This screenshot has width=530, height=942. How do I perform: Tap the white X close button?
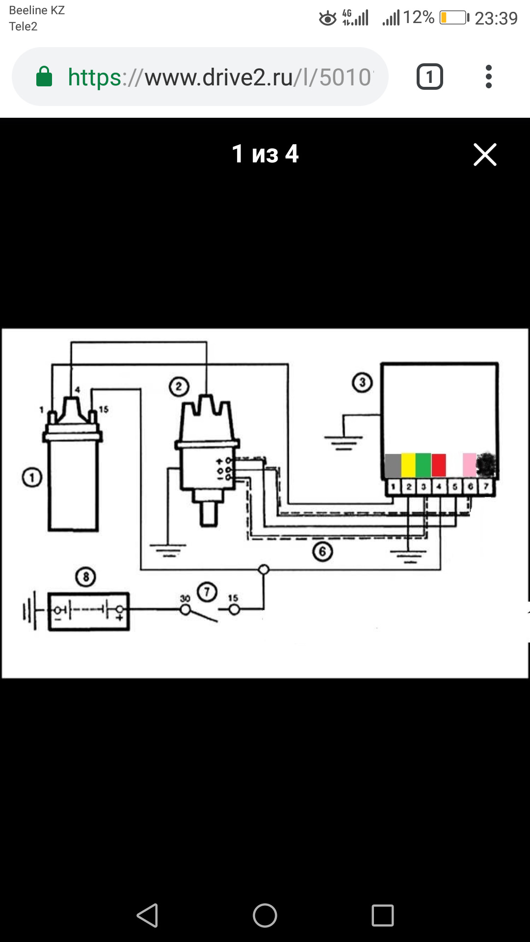coord(485,155)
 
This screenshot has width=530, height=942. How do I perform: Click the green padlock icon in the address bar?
coord(44,77)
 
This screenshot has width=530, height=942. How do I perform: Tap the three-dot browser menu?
coord(488,77)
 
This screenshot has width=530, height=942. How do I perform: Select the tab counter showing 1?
coord(430,77)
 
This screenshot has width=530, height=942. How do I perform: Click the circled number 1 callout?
coord(32,477)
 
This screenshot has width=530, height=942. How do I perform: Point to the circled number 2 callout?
coord(179,387)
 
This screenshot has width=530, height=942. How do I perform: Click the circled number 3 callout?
coord(363,382)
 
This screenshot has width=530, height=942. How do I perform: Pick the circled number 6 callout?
coord(322,551)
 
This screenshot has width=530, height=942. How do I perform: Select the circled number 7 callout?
coord(207,592)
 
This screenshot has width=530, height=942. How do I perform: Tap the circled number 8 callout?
coord(86,576)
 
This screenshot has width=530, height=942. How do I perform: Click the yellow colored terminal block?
coord(408,465)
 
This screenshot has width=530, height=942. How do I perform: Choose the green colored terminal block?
coord(423,465)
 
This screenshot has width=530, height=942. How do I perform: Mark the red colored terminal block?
coord(438,465)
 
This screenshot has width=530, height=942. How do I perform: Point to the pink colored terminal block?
coord(470,465)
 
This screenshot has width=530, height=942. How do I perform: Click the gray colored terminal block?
coord(393,465)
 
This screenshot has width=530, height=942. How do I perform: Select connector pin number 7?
coord(486,487)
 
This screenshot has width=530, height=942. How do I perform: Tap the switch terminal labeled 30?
coord(185,609)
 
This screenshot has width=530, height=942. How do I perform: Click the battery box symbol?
coord(89,611)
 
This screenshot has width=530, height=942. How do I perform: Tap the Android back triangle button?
coord(147,916)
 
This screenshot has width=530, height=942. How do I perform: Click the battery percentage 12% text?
coord(419,18)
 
